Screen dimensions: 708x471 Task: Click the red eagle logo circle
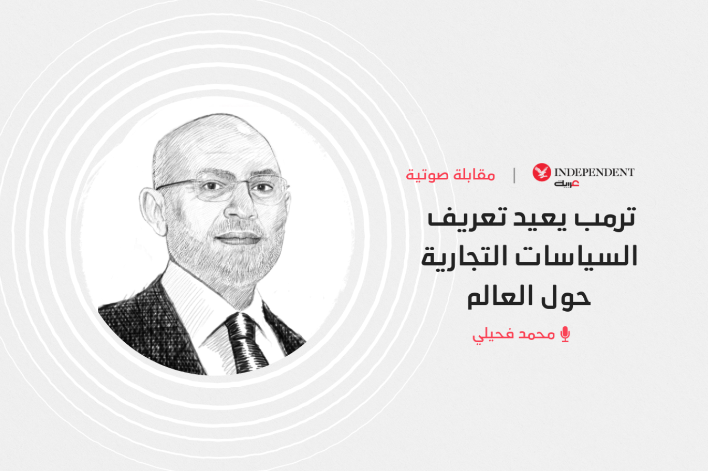[542, 172]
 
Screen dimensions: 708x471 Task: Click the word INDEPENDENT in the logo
[595, 172]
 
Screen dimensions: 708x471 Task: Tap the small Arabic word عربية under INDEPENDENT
[566, 184]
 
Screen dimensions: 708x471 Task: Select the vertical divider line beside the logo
[514, 175]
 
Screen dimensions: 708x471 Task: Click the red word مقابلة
[474, 175]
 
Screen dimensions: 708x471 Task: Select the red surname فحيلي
[494, 336]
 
